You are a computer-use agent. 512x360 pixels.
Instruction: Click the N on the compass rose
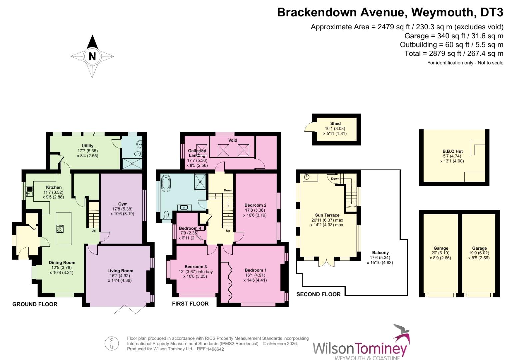point(92,56)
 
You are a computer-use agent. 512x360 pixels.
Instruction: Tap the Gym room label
point(123,204)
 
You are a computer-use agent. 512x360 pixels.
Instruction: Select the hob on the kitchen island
point(60,228)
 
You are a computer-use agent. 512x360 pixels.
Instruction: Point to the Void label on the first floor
point(233,140)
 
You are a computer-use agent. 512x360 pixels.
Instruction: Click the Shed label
point(335,124)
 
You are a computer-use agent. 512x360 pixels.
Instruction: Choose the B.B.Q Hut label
point(453,151)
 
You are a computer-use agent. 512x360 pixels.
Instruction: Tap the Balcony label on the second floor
point(380,253)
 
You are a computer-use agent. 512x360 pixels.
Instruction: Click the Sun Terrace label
point(327,215)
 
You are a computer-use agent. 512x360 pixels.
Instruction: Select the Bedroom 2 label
point(255,205)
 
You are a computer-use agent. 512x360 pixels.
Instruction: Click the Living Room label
point(120,271)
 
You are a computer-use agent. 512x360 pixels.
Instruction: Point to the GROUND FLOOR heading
point(35,304)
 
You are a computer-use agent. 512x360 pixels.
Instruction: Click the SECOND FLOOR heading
point(319,294)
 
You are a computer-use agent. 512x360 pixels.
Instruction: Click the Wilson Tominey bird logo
point(403,334)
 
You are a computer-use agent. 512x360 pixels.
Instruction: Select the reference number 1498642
point(215,349)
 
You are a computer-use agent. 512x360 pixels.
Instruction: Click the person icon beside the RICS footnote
point(112,344)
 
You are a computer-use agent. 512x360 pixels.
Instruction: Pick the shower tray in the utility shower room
point(132,164)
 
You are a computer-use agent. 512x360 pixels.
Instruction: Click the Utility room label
point(88,146)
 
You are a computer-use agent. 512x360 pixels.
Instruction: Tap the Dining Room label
point(62,262)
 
